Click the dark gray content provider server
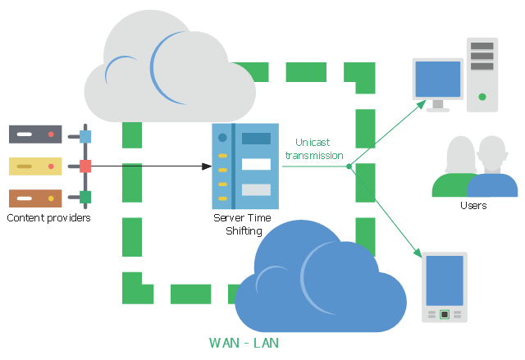coord(35,134)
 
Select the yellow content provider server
coord(35,166)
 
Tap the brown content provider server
coord(35,198)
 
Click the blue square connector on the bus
coord(85,136)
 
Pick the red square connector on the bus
coord(85,166)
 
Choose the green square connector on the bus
coord(85,197)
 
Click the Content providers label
coord(48,218)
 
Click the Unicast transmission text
coord(313,148)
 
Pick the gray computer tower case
coord(482,74)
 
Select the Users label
coord(473,205)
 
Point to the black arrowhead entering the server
coord(207,166)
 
